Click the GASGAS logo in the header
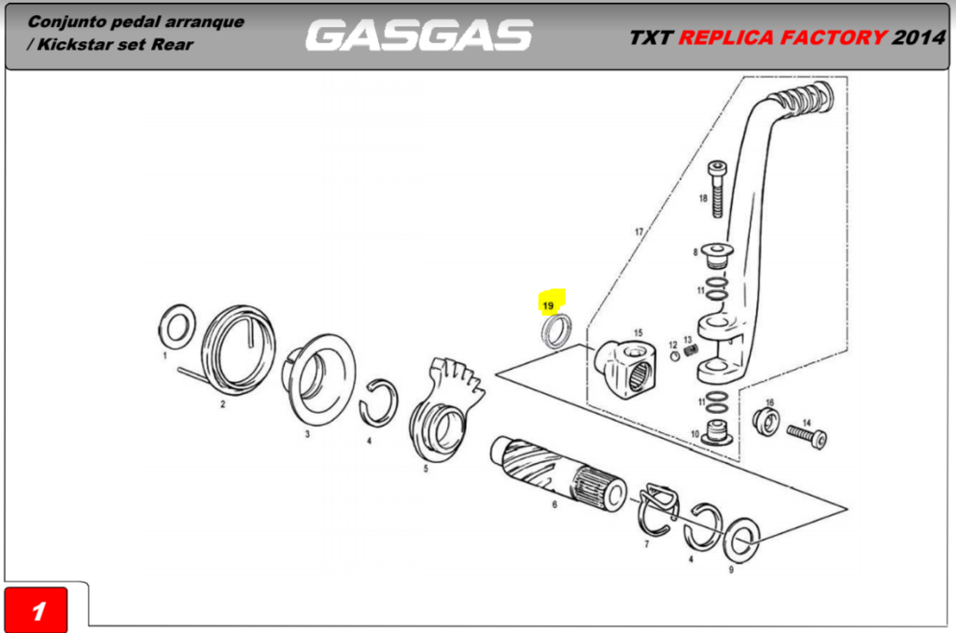(x=418, y=35)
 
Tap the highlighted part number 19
(x=548, y=304)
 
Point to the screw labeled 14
(x=808, y=434)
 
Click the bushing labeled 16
(x=767, y=422)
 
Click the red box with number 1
(x=38, y=611)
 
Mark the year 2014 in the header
(x=919, y=37)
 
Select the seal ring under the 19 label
(x=558, y=331)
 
